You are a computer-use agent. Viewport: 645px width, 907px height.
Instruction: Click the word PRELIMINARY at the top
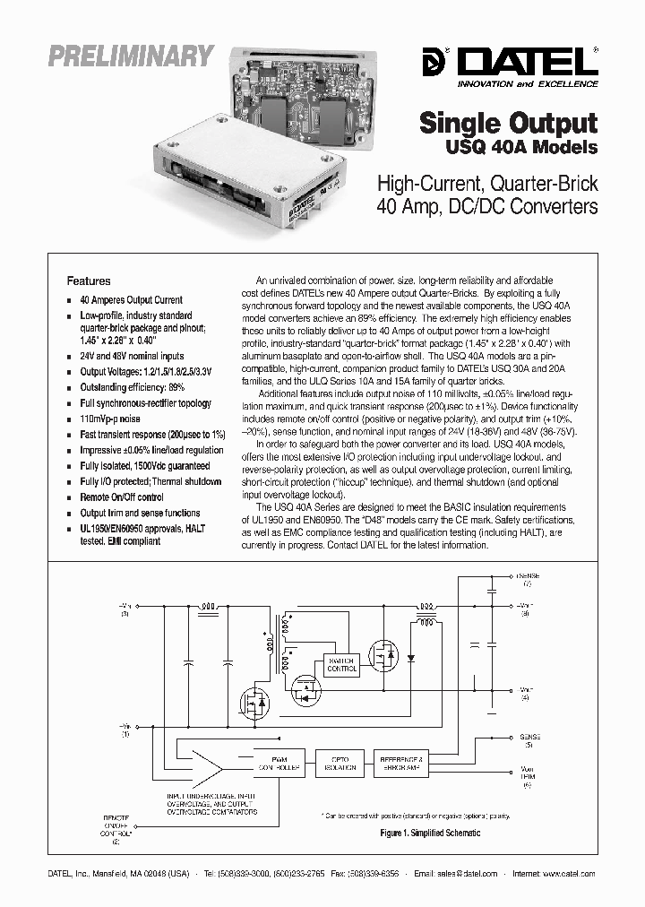point(131,56)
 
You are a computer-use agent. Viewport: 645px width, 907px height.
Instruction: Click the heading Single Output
point(509,123)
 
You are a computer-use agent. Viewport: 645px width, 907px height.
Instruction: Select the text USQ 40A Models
point(521,146)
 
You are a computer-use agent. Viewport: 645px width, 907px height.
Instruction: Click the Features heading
point(89,281)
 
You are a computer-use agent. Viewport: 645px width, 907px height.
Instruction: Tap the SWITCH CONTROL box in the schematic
point(341,664)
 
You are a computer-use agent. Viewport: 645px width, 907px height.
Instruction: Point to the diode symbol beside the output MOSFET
point(411,659)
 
